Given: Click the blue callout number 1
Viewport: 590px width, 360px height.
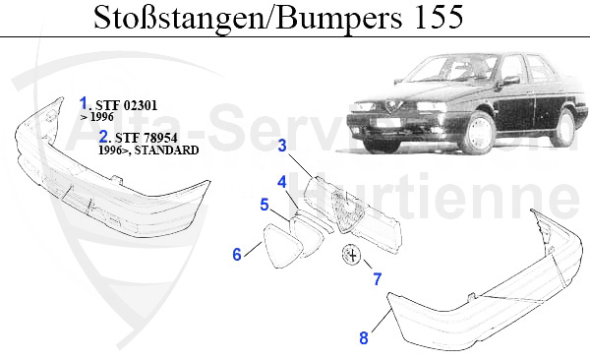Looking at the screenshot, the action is pos(84,103).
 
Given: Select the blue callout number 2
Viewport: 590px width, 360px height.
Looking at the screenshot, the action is pos(103,136).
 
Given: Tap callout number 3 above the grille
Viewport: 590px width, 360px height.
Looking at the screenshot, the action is pos(282,146).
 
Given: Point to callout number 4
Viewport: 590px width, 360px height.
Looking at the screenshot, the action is pos(282,182).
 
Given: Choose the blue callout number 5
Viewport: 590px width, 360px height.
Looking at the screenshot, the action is pos(265,205).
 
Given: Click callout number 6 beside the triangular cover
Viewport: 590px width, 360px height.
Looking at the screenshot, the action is pos(237,254).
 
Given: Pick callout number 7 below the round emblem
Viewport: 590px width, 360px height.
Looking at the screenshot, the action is pos(377,279).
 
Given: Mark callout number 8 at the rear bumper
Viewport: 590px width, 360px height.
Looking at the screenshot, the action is pos(364,337).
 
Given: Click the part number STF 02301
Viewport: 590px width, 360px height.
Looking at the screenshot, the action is pos(127,105).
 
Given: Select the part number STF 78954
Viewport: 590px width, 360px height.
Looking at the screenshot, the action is pos(146,138).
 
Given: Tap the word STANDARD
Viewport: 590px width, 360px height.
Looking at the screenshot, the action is pos(167,150).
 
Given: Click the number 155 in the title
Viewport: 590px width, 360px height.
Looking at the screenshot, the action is pos(440,17).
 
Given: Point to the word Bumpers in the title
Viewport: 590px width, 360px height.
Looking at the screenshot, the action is pos(339,19).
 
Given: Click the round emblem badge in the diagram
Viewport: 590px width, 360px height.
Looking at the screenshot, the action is pos(351,256).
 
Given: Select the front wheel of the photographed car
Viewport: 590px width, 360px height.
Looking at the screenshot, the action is pos(478,133).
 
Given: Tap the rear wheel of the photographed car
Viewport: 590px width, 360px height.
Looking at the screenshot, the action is pos(562,128).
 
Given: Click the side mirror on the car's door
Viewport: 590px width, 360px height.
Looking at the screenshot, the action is pos(510,81).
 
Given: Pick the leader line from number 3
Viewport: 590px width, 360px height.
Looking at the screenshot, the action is pos(300,164).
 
